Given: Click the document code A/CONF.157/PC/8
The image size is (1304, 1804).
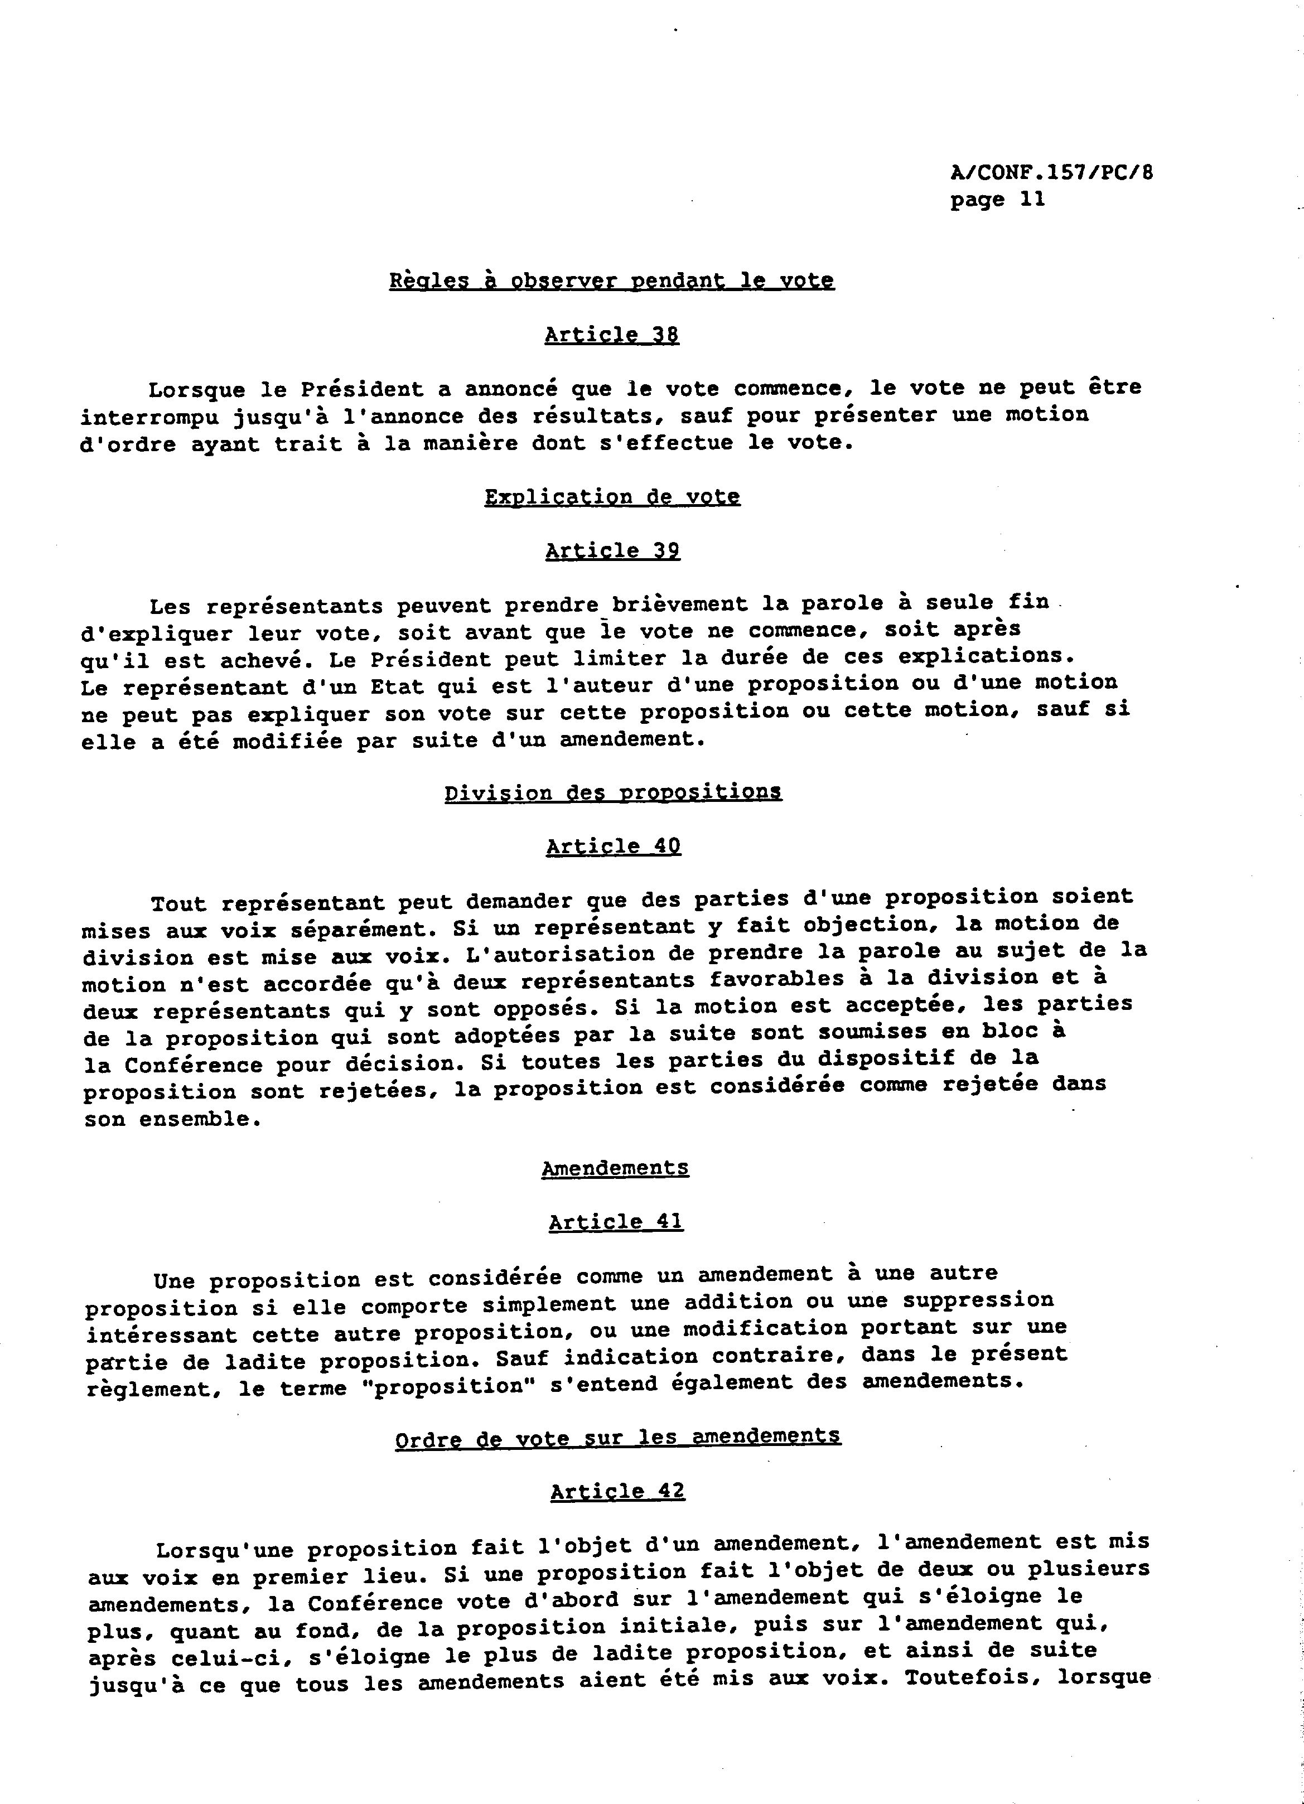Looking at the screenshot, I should click(1050, 173).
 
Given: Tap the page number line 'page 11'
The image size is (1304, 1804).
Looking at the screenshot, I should click(996, 200).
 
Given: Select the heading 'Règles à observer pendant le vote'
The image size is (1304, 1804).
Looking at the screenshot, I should click(611, 281).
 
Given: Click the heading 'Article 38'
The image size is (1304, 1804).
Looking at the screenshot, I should click(611, 335).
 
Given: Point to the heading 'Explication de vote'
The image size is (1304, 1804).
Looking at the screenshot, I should click(612, 497).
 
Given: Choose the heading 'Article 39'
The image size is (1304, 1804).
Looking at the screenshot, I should click(612, 551).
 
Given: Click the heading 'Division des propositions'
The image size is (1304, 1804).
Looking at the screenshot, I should click(612, 793).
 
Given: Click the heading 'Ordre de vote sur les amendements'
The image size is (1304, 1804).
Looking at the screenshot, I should click(617, 1437).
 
